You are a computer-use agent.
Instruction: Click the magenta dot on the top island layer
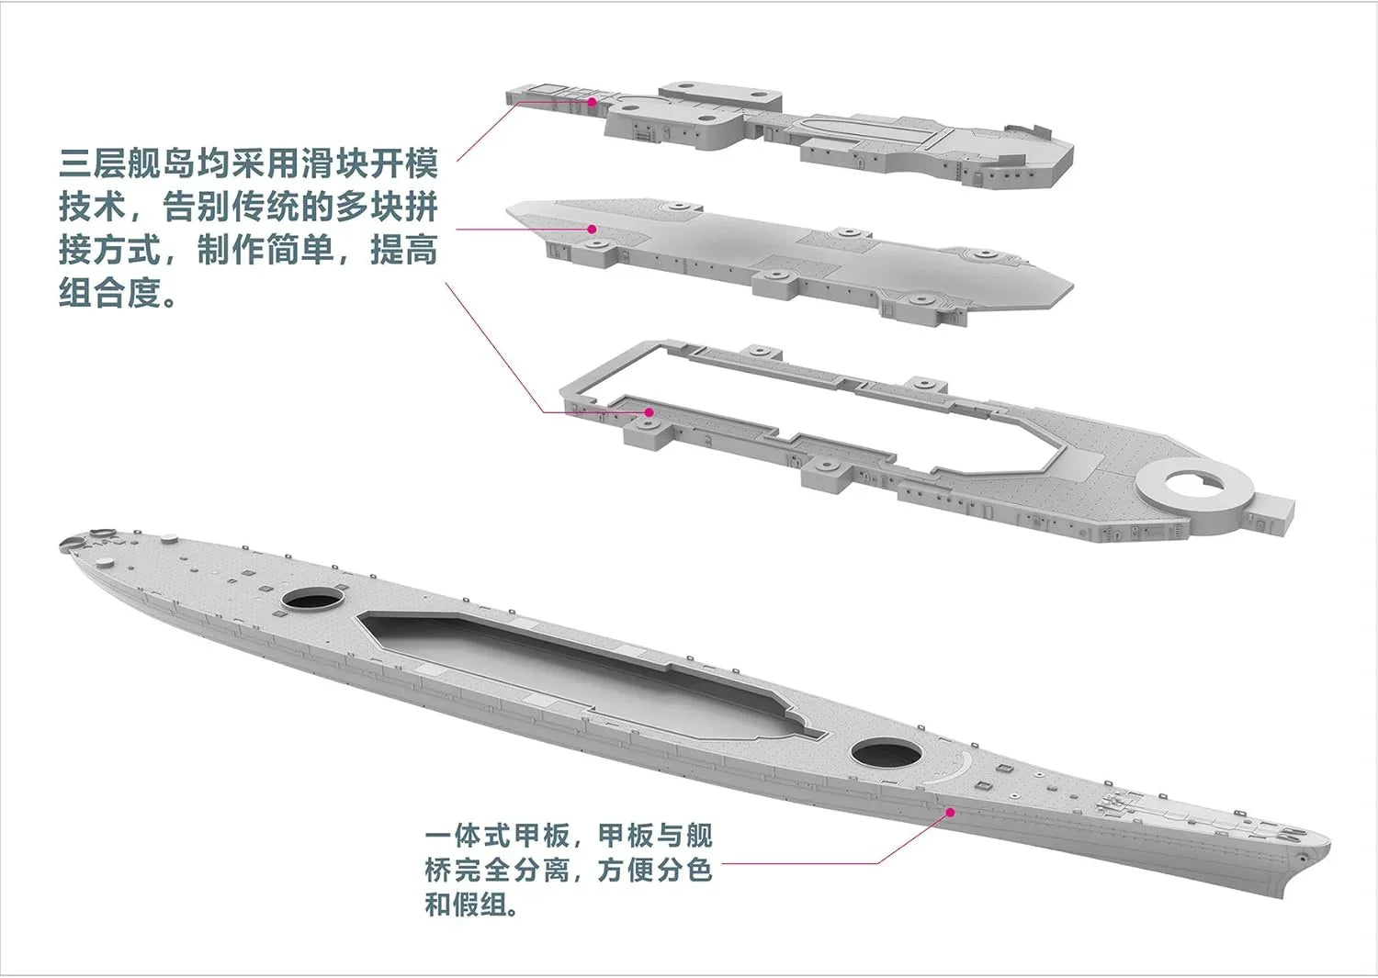click(592, 102)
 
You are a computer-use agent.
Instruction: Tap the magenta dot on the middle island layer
click(592, 229)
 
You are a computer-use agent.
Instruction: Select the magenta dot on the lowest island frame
click(649, 411)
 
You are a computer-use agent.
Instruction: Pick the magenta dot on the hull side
click(950, 812)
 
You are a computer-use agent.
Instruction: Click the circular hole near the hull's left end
click(311, 598)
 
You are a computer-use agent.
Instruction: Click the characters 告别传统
click(232, 207)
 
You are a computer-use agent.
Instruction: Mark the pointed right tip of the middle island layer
click(1072, 287)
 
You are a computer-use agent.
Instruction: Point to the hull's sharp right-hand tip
click(1328, 849)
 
